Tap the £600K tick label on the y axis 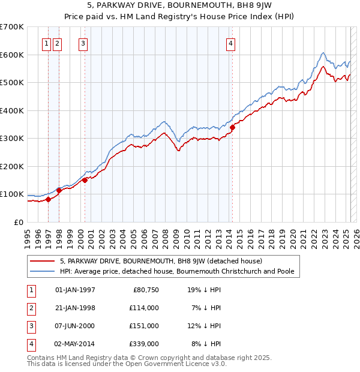click(x=12, y=55)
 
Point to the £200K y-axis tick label click(x=12, y=166)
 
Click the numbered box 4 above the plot click(x=230, y=43)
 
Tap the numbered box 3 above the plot click(x=83, y=43)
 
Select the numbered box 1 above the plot click(x=47, y=43)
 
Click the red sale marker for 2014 click(x=232, y=127)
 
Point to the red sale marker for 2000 click(x=85, y=179)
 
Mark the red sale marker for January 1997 click(x=49, y=199)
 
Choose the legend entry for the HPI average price click(x=177, y=271)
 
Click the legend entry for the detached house click(x=161, y=261)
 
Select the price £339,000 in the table click(x=145, y=344)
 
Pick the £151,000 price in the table click(x=145, y=326)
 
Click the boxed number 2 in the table click(x=31, y=308)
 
